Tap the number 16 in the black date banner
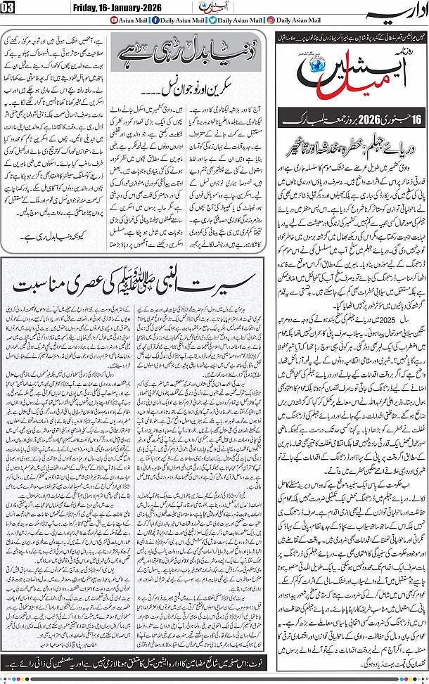tap(409, 117)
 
